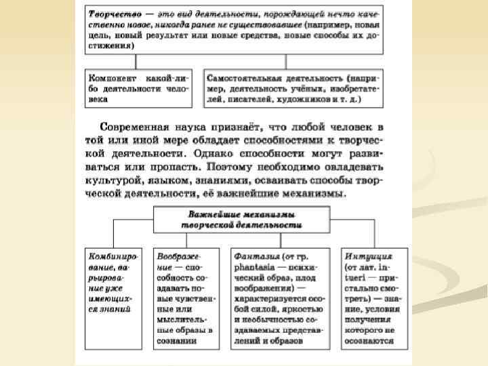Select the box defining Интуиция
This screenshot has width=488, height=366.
[x=369, y=298]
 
